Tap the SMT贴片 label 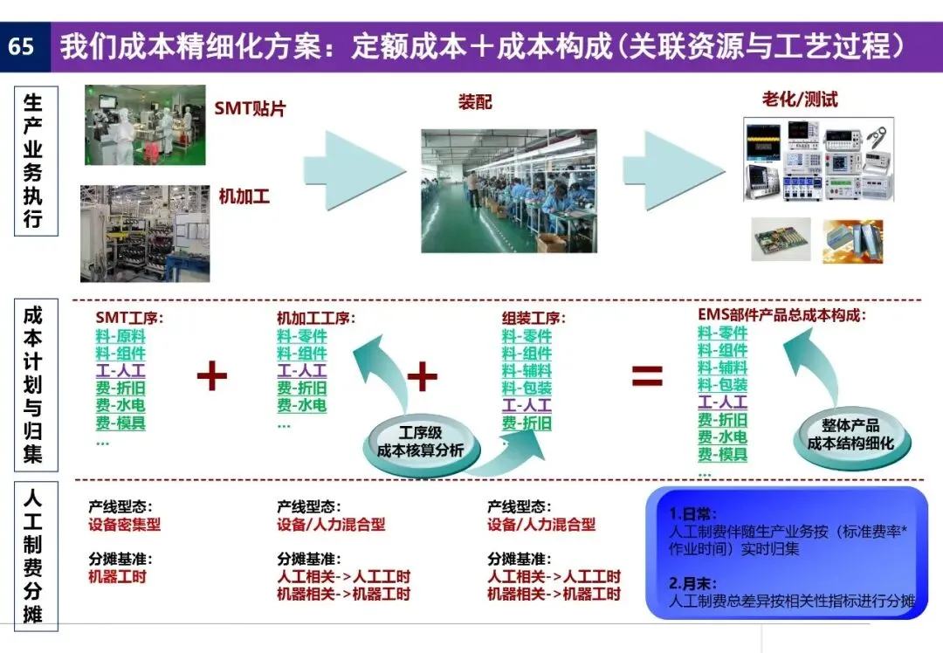coord(251,109)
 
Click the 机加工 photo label coord(244,196)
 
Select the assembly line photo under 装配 coord(509,191)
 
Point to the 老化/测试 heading coord(800,100)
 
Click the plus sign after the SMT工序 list coord(211,376)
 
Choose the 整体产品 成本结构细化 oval coord(850,434)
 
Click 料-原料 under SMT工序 coord(120,336)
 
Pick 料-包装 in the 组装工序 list coord(527,388)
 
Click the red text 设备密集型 coord(124,525)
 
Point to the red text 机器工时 coord(117,576)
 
